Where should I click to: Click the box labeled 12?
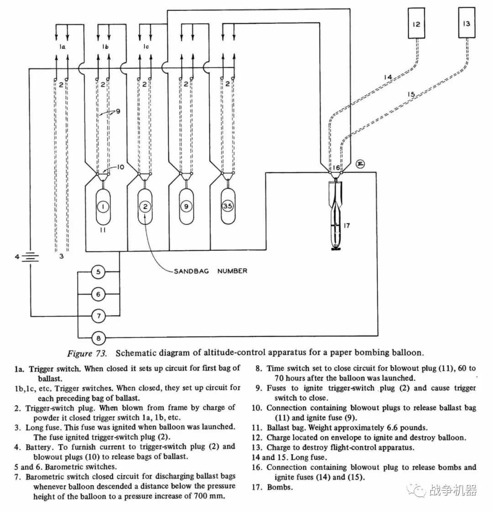[x=416, y=23]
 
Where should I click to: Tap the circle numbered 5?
[x=98, y=272]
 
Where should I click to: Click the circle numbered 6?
[x=98, y=294]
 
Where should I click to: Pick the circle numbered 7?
[x=98, y=316]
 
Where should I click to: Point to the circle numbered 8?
[x=98, y=338]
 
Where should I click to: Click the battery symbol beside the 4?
[x=30, y=257]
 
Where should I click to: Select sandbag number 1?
[x=103, y=207]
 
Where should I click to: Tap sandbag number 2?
[x=145, y=207]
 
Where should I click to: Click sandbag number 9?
[x=186, y=207]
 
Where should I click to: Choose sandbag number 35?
[x=227, y=207]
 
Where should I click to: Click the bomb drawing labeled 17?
[x=335, y=216]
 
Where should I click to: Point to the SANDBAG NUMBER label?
[x=210, y=271]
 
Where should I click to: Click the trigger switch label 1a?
[x=62, y=47]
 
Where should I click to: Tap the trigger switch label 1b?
[x=105, y=47]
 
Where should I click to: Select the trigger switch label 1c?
[x=146, y=47]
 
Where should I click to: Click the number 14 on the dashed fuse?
[x=388, y=77]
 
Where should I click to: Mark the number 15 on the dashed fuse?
[x=411, y=94]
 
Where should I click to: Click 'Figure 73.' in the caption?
[x=87, y=353]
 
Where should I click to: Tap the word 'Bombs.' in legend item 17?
[x=280, y=487]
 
